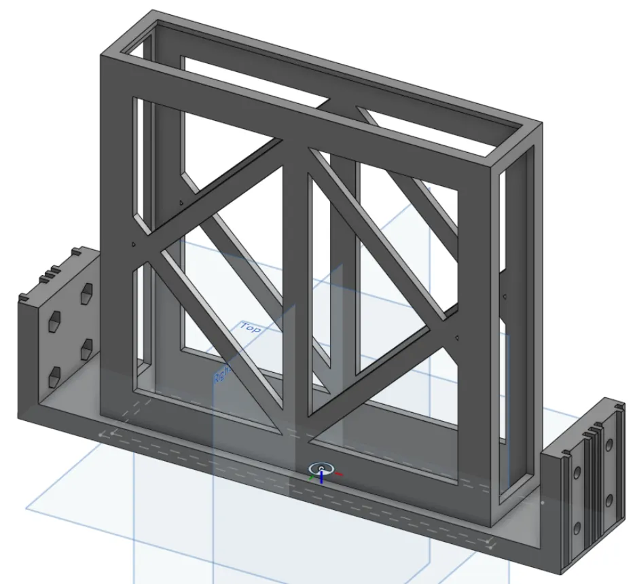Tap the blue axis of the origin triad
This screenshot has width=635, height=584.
[321, 475]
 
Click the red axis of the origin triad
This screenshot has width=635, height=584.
[338, 473]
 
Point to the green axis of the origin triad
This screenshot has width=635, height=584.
[312, 477]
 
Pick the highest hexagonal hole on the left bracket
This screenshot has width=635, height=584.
[87, 293]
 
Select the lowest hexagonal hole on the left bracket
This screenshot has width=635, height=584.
[54, 373]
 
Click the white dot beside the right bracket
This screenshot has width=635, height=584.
[542, 503]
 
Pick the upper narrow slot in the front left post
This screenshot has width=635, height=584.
[138, 163]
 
